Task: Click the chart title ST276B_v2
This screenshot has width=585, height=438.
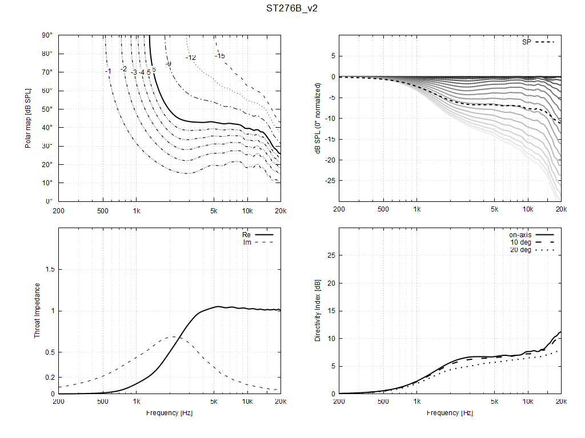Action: (292, 9)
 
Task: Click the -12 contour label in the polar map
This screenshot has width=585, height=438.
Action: (191, 58)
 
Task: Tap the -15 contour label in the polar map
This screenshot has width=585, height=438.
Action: (220, 55)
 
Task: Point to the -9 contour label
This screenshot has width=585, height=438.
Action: (169, 63)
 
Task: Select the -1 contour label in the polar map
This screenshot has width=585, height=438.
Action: (108, 71)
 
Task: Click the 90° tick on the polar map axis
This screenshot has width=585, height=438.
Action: (47, 35)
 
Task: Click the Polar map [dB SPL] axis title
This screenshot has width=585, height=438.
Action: (27, 118)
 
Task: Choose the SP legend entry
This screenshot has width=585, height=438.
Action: (527, 42)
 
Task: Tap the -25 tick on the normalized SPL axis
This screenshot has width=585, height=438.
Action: (330, 180)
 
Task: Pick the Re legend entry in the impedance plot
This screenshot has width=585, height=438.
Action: (247, 234)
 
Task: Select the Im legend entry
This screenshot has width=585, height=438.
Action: (247, 242)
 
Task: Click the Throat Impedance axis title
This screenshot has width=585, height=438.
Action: (37, 310)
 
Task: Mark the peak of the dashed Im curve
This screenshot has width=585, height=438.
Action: (174, 336)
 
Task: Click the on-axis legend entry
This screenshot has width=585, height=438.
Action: (520, 234)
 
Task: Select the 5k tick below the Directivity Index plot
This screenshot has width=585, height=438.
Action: (494, 402)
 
